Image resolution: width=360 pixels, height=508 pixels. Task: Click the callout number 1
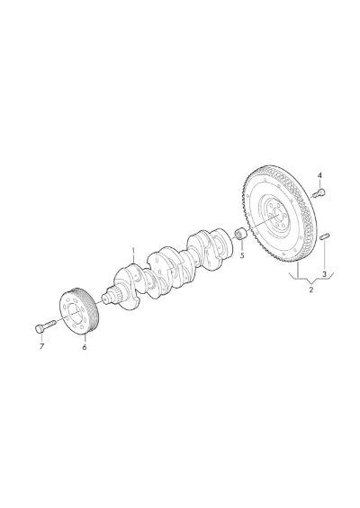[x=132, y=250]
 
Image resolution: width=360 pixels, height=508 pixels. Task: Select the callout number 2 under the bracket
[x=311, y=290]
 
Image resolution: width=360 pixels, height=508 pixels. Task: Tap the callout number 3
[x=324, y=274]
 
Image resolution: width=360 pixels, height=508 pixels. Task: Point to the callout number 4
[x=319, y=175]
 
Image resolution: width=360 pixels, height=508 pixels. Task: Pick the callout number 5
[x=241, y=255]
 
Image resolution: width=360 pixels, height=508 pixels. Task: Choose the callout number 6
[x=85, y=347]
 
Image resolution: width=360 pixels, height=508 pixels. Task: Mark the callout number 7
[x=41, y=346]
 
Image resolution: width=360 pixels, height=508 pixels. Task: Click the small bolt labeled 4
[x=319, y=193]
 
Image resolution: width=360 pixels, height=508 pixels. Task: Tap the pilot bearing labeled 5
[x=240, y=233]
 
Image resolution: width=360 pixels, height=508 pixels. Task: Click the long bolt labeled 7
[x=45, y=325]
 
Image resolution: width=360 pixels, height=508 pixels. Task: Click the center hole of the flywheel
[x=275, y=215]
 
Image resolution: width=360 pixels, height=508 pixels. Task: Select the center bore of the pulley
[x=75, y=314]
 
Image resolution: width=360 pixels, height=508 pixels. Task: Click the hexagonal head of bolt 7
[x=39, y=328]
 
